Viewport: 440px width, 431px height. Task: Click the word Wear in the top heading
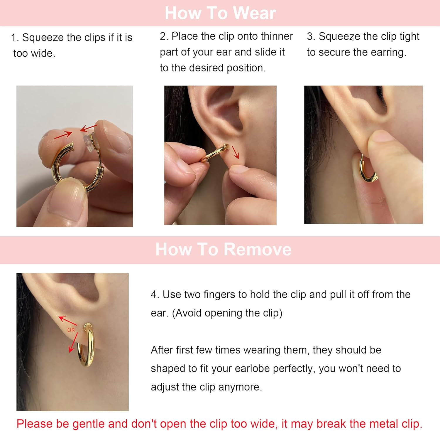[254, 13]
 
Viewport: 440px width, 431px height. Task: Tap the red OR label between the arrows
[71, 330]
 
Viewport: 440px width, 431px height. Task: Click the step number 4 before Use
[154, 294]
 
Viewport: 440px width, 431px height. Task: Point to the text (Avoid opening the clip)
[227, 313]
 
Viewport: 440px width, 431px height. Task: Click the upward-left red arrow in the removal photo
[67, 321]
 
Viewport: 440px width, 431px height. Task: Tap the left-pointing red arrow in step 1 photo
[89, 128]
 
